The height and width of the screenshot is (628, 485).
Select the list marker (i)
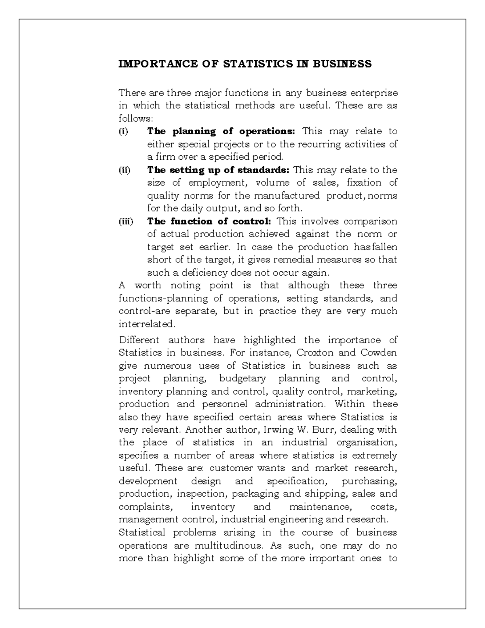coord(123,131)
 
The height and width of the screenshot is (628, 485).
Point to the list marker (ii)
coord(124,170)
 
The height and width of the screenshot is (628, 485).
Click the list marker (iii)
coord(125,221)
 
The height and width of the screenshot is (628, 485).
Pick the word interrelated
coord(147,324)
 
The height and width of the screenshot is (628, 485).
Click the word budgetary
coord(242,378)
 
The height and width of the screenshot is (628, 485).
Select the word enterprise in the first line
coord(374,93)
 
